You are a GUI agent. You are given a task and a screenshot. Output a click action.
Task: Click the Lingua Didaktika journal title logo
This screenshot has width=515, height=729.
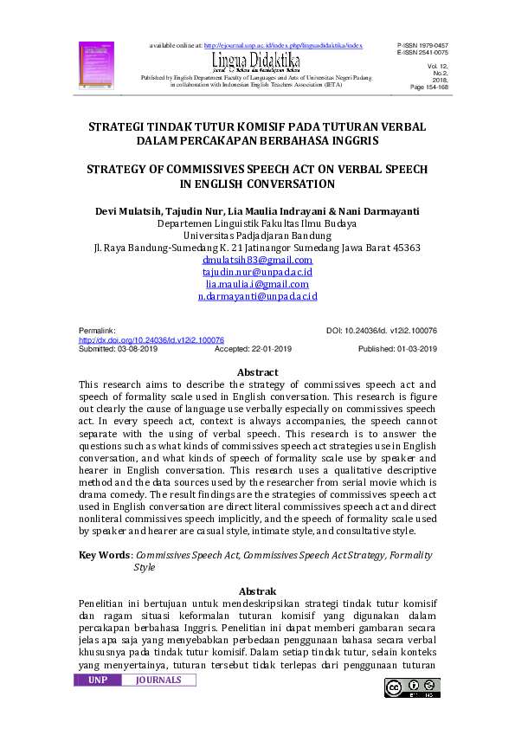255,61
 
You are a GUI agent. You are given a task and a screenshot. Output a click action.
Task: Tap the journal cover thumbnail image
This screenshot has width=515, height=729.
90,63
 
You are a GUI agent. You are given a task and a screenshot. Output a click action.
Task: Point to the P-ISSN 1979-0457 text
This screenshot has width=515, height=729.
422,43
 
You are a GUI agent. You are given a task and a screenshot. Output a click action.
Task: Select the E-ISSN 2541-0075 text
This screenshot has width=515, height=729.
422,52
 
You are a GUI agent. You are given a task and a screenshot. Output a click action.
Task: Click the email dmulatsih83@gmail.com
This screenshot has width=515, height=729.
257,260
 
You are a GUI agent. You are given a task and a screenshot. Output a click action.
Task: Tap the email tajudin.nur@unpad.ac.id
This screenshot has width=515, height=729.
257,272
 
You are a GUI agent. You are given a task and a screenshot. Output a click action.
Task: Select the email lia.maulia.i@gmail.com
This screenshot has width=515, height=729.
257,284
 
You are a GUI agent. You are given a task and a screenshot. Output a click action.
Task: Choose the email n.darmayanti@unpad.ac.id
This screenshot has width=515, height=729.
257,296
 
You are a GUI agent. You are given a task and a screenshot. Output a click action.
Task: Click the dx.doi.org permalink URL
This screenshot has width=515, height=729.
151,340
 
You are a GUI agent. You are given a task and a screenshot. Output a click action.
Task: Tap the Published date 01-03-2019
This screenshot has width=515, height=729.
397,349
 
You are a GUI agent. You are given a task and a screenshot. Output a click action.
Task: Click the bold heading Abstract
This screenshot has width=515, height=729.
257,372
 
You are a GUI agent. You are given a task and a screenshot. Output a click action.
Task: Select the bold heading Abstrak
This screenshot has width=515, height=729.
257,590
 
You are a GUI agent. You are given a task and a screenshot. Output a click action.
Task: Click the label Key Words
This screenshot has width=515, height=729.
105,555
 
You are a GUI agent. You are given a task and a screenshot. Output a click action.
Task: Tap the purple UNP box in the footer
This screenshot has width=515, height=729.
98,681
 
